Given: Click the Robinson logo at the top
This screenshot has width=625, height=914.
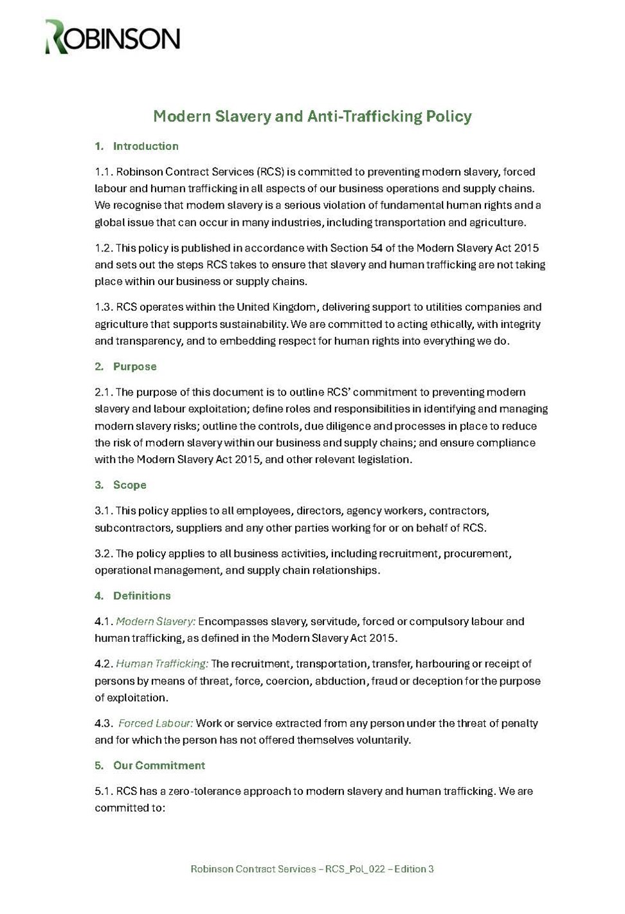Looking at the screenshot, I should [113, 36].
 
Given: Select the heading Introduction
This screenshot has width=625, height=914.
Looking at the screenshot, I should [145, 146].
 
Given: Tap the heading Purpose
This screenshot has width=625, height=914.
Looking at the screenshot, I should [134, 367].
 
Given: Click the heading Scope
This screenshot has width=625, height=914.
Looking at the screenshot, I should [129, 485].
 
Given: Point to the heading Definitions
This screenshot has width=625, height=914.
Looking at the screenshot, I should [141, 596].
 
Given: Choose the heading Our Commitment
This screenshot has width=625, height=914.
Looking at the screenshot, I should [159, 765].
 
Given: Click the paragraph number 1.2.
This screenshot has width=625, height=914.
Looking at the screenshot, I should [104, 248].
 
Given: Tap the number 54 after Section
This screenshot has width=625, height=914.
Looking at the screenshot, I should [376, 248].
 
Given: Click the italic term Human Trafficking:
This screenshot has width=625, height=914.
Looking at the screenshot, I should [162, 664].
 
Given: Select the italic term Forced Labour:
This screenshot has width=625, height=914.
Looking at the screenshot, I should [156, 723].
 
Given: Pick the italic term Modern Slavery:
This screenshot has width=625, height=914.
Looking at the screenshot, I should [156, 621].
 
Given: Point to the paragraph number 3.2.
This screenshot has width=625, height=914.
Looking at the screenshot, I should [104, 553].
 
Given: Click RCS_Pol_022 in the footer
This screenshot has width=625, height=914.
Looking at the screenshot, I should [355, 869].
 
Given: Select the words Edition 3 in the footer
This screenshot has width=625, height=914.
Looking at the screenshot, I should [414, 869].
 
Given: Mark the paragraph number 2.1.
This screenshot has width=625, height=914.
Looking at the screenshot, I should [104, 392].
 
